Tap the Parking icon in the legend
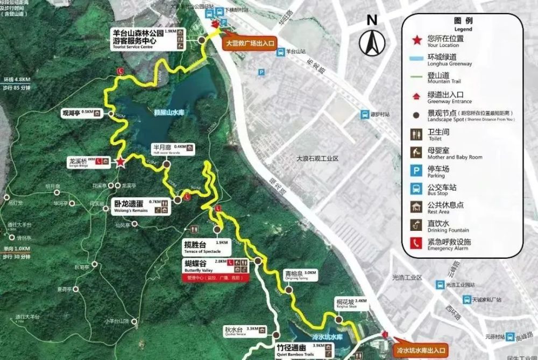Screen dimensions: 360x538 (416, 172)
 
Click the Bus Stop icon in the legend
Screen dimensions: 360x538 (416, 189)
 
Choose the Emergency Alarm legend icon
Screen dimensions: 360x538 (416, 243)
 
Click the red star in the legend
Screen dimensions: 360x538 (416, 40)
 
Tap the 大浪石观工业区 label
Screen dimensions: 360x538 (318, 159)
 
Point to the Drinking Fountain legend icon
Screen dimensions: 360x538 (416, 224)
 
